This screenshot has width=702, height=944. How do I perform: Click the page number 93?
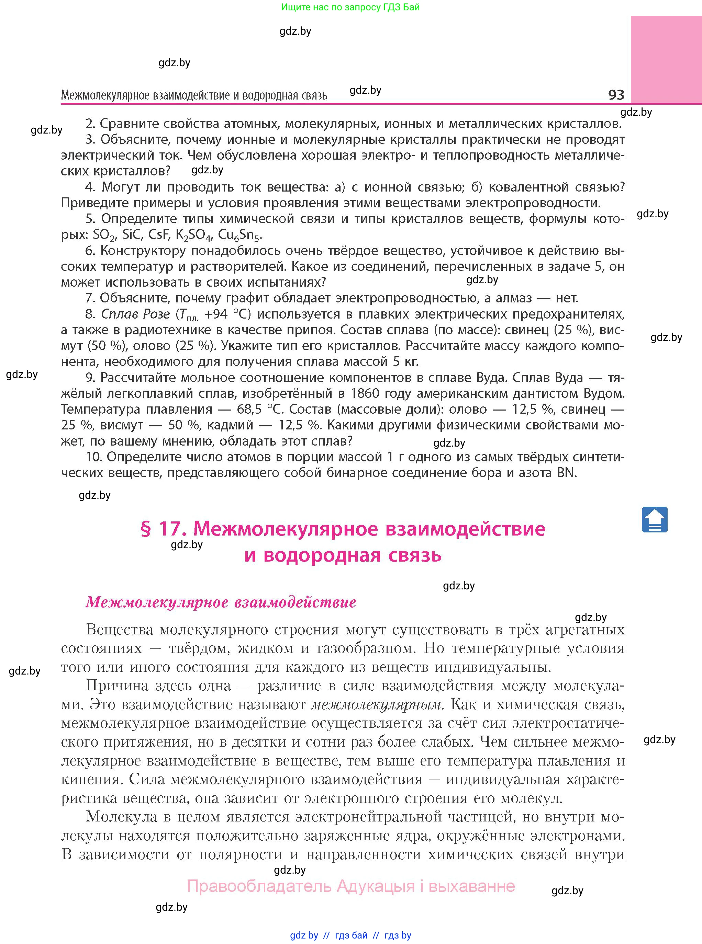point(616,94)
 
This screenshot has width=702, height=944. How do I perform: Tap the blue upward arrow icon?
point(654,519)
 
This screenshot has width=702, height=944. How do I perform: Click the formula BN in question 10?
point(566,472)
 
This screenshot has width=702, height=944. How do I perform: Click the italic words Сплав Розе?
point(135,314)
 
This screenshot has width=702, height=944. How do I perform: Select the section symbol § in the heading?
point(145,529)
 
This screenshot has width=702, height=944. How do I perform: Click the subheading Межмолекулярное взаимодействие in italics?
point(221,602)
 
